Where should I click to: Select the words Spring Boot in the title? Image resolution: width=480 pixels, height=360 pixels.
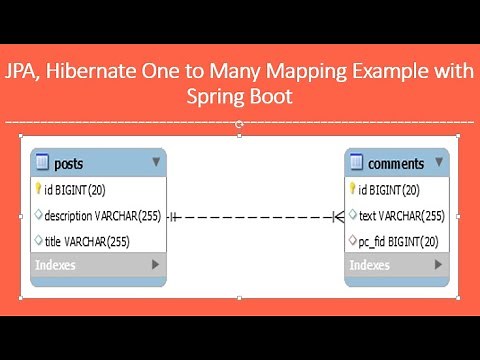click(x=239, y=98)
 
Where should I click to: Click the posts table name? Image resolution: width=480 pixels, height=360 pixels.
click(x=69, y=163)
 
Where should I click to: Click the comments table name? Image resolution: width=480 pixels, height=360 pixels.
click(x=396, y=163)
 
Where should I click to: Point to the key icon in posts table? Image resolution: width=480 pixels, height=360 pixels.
click(x=39, y=188)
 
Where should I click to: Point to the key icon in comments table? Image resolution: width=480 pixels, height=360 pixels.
click(x=352, y=188)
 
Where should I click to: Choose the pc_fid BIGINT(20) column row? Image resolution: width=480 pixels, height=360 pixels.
click(x=398, y=240)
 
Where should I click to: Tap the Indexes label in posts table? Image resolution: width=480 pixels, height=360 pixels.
click(x=54, y=265)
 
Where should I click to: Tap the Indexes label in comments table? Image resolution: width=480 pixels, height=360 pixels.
click(x=369, y=265)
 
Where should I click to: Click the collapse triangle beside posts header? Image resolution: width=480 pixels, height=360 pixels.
click(x=156, y=161)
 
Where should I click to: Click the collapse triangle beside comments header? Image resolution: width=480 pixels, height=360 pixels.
click(x=438, y=161)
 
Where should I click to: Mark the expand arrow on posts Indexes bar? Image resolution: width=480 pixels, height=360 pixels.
click(x=155, y=265)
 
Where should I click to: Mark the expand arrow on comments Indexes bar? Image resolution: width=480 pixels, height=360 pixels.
click(x=438, y=265)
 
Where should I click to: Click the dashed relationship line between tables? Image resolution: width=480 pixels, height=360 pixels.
click(x=255, y=216)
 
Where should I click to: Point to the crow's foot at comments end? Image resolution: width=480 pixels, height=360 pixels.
click(x=338, y=216)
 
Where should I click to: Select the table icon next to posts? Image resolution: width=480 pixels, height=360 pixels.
click(x=42, y=163)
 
